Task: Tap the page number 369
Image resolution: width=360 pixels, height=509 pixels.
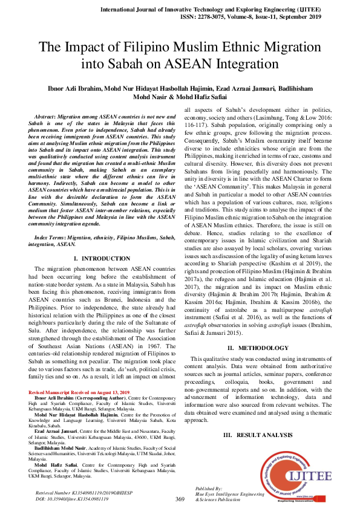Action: click(180, 499)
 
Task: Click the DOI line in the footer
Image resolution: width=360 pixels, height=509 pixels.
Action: click(72, 499)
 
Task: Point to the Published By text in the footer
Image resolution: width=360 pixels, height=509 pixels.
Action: click(208, 488)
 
